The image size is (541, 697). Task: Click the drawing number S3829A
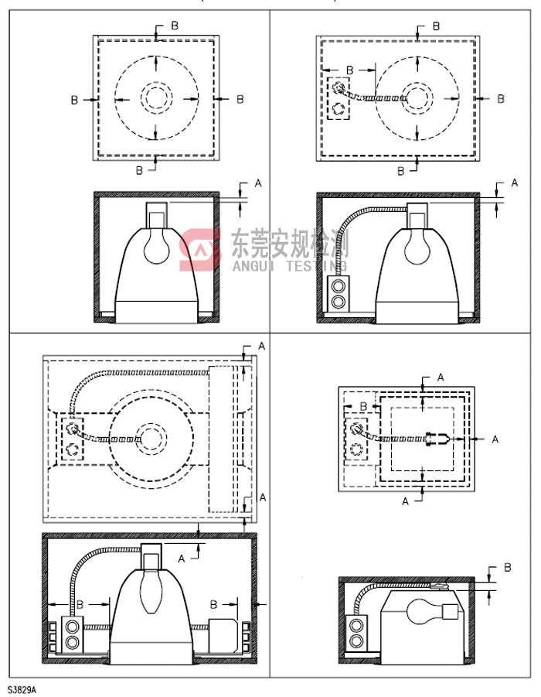click(x=22, y=688)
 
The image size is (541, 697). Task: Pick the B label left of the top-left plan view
click(x=74, y=99)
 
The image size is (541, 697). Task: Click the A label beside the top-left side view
click(x=258, y=183)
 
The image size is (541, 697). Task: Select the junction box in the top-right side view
click(x=337, y=295)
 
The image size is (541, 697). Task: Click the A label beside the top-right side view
click(x=515, y=183)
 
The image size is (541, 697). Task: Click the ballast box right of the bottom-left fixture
click(x=224, y=634)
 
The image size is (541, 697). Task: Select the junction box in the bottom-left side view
click(x=72, y=633)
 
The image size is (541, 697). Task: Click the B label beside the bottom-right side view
click(x=508, y=567)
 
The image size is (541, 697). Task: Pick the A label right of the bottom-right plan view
click(x=495, y=439)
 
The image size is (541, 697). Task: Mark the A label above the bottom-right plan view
click(x=441, y=377)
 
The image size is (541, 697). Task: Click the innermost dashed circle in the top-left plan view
click(x=156, y=99)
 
